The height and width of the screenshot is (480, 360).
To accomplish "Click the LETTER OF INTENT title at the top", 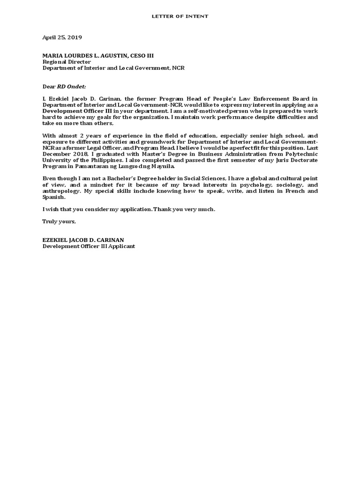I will (180, 16).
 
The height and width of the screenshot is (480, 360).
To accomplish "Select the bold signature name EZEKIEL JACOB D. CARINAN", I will (83, 240).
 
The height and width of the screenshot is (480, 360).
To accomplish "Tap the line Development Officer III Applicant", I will (89, 246).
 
